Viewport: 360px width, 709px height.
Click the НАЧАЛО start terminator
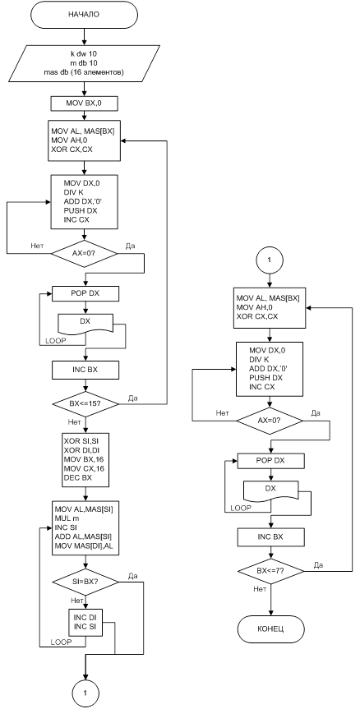84,15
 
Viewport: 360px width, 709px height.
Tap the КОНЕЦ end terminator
271,629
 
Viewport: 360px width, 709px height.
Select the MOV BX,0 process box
85,104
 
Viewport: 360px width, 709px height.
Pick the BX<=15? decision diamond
85,403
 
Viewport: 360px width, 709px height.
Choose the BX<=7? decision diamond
271,572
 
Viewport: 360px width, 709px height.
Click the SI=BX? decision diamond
85,581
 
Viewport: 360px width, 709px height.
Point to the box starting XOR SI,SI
85,460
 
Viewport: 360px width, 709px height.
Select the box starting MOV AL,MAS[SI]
85,527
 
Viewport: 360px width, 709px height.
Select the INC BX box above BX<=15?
85,370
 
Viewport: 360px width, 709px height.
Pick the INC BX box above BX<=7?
271,536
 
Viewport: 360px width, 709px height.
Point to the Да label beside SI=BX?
132,576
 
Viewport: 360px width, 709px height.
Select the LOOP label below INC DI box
61,642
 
